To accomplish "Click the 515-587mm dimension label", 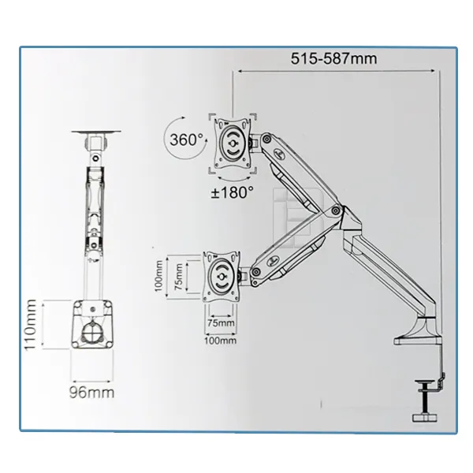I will pos(334,58).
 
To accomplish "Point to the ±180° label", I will pos(231,192).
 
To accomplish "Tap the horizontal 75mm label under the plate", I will pos(220,322).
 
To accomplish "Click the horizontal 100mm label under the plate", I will pos(221,341).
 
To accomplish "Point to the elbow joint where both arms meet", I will pos(337,211).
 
